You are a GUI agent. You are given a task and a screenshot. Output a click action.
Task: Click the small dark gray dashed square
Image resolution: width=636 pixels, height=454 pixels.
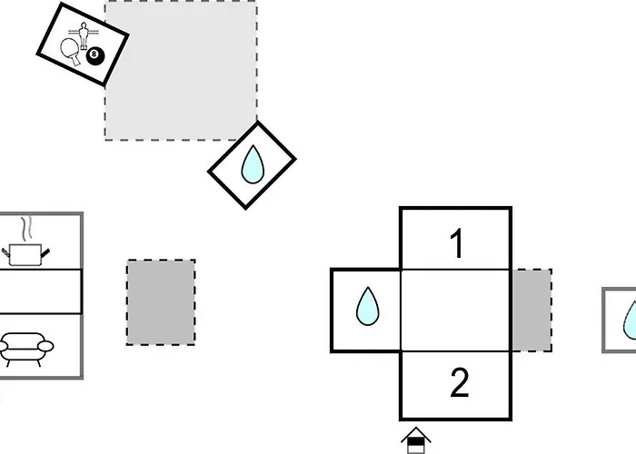coord(161,302)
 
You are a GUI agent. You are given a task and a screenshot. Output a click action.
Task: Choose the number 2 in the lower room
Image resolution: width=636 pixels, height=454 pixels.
coord(458,384)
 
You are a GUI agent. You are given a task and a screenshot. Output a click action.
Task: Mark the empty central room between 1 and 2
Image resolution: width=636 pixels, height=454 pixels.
coord(455,311)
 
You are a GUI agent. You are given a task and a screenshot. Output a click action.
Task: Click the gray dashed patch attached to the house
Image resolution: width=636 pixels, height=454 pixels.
coord(531,311)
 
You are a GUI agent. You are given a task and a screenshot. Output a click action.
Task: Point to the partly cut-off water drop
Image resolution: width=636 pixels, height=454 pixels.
coord(629,319)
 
